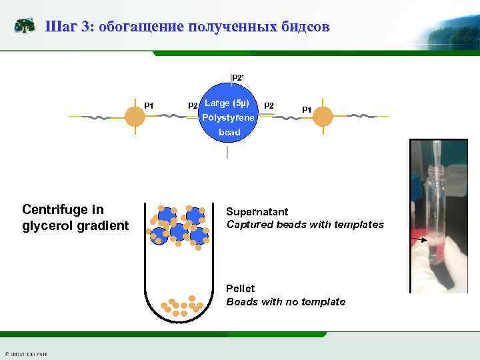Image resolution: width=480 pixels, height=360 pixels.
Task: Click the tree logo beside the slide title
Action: pos(25,27)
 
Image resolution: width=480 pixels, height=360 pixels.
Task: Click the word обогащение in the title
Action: pos(142,27)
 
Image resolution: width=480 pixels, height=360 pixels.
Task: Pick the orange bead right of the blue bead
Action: pos(323,117)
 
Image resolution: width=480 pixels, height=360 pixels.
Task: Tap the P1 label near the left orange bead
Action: pos(149,105)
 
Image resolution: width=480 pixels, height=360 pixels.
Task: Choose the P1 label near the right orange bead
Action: pos(307,109)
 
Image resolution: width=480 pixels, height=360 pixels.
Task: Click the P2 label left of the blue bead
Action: pos(193,105)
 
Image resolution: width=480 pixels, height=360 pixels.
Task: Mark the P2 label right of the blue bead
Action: pos(269,105)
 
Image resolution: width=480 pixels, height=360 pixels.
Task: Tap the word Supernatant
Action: pos(259,210)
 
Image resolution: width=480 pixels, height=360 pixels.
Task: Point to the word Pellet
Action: pos(241,288)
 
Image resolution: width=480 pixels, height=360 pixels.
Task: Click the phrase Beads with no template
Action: pos(285,302)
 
